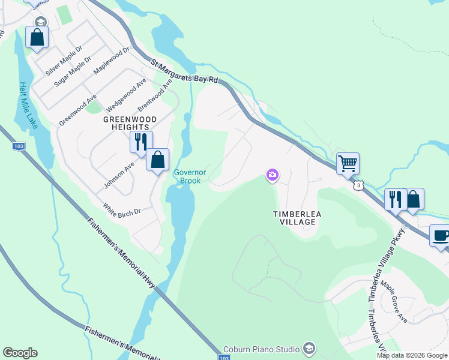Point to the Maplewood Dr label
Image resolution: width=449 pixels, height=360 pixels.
pyautogui.click(x=112, y=62)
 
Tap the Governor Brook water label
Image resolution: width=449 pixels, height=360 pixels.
pyautogui.click(x=190, y=176)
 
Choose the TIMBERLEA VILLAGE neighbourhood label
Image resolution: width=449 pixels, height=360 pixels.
pyautogui.click(x=294, y=218)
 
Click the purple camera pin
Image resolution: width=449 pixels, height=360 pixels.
pyautogui.click(x=273, y=175)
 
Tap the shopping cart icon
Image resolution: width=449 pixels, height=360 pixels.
pyautogui.click(x=348, y=162)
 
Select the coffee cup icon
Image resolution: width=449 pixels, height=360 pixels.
pyautogui.click(x=440, y=235)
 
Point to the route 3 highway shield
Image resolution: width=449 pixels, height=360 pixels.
pyautogui.click(x=358, y=186)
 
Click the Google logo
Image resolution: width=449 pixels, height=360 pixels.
pyautogui.click(x=20, y=353)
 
